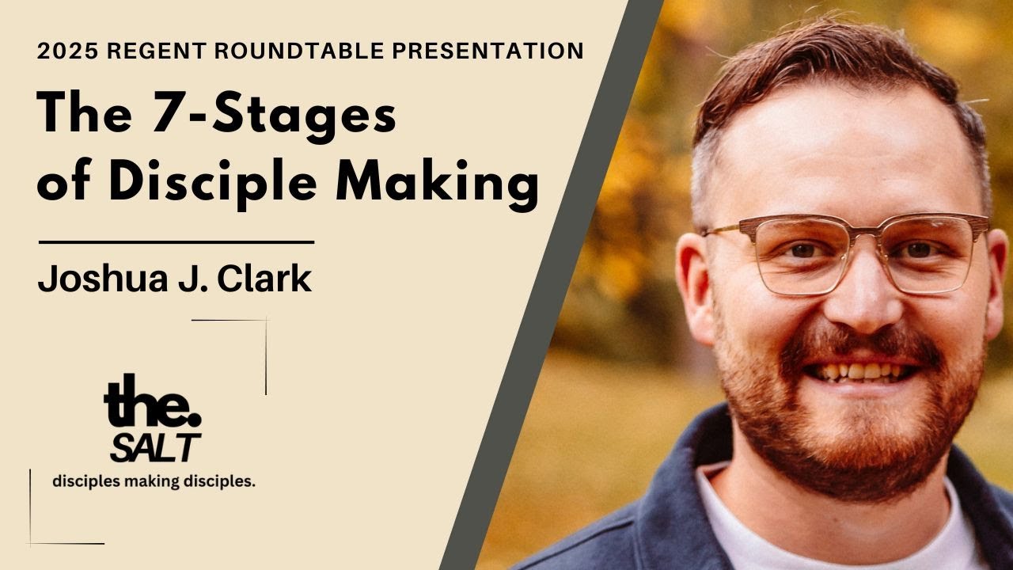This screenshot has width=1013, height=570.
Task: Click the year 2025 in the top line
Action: click(x=66, y=51)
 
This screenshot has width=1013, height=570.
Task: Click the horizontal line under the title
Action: click(x=176, y=242)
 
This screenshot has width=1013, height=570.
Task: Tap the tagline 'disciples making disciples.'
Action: click(x=154, y=481)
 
